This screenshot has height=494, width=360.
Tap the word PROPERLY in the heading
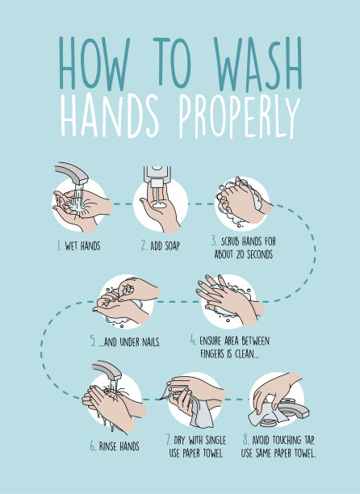tap(240, 116)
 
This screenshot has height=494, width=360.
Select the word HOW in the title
tap(94, 63)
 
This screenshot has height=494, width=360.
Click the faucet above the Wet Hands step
tap(72, 173)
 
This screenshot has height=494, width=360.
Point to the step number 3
tap(214, 241)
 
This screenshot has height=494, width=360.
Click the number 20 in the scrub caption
tap(241, 254)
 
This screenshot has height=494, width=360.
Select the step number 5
tap(93, 341)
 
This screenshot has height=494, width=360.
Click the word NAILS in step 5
tap(151, 341)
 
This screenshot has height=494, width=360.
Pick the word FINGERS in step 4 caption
tap(212, 354)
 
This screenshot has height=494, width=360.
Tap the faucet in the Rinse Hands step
tap(107, 370)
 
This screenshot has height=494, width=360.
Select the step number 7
tap(169, 439)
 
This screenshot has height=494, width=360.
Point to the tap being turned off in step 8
tap(294, 408)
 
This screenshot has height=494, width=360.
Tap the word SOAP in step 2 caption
tap(171, 245)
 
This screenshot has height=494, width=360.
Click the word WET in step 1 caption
tap(72, 245)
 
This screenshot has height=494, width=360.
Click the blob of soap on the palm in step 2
tap(159, 205)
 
